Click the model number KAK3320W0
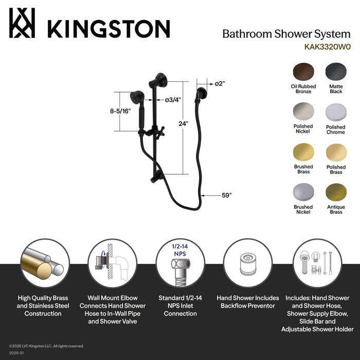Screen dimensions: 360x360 pyautogui.click(x=327, y=46)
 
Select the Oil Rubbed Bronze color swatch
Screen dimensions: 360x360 pyautogui.click(x=303, y=72)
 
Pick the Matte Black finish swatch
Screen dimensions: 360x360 pyautogui.click(x=336, y=72)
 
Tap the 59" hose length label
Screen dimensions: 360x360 pyautogui.click(x=226, y=195)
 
